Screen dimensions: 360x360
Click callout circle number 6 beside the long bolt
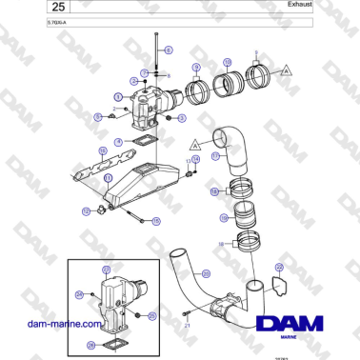(170, 49)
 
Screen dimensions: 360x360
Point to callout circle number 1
(118, 96)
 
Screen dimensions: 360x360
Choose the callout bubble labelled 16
(103, 150)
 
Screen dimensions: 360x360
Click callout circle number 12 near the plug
(86, 210)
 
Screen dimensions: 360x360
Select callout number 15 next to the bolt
(156, 220)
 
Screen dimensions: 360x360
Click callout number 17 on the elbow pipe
(216, 154)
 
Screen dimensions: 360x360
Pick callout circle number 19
(224, 218)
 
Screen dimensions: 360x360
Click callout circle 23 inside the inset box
(106, 270)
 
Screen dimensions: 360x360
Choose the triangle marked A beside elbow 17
(194, 143)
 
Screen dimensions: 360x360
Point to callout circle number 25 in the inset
(154, 315)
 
